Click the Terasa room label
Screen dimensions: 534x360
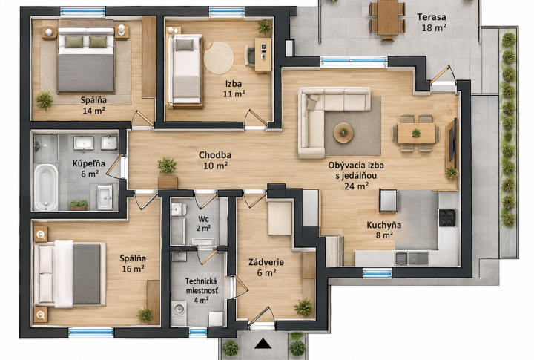pyautogui.click(x=432, y=17)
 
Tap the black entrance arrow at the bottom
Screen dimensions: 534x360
pyautogui.click(x=263, y=344)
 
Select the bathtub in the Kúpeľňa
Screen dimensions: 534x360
pyautogui.click(x=46, y=187)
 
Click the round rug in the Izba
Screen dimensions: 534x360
pyautogui.click(x=219, y=58)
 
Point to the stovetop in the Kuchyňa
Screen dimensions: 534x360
pyautogui.click(x=446, y=217)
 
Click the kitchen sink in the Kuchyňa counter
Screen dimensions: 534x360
pyautogui.click(x=412, y=258)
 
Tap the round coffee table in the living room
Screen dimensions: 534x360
pyautogui.click(x=343, y=132)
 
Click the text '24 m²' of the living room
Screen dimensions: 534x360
pyautogui.click(x=356, y=186)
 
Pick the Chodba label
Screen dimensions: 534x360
pyautogui.click(x=215, y=155)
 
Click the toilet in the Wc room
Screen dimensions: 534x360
pyautogui.click(x=177, y=209)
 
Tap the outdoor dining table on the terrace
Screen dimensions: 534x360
pyautogui.click(x=387, y=17)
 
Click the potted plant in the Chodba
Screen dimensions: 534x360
pyautogui.click(x=167, y=166)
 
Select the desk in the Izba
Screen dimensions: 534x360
pyautogui.click(x=263, y=55)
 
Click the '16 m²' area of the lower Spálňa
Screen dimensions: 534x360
pyautogui.click(x=133, y=269)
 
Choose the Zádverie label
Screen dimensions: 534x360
pyautogui.click(x=266, y=262)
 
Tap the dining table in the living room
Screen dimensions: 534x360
pyautogui.click(x=416, y=133)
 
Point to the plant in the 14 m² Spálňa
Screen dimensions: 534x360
pyautogui.click(x=44, y=100)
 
